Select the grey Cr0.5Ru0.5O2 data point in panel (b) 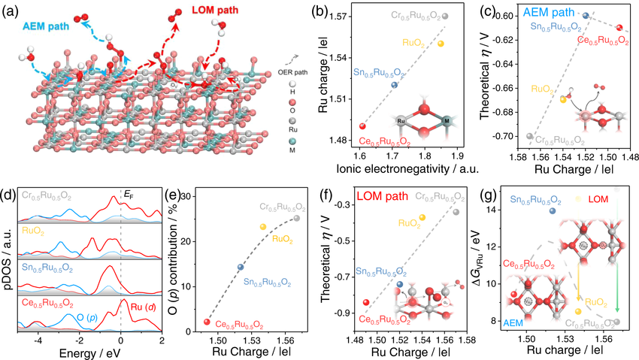coord(445,16)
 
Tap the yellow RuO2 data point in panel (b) coord(441,44)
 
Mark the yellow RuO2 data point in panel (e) coord(262,227)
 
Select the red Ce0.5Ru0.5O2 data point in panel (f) coord(366,302)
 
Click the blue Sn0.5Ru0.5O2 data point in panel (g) coord(553,212)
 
